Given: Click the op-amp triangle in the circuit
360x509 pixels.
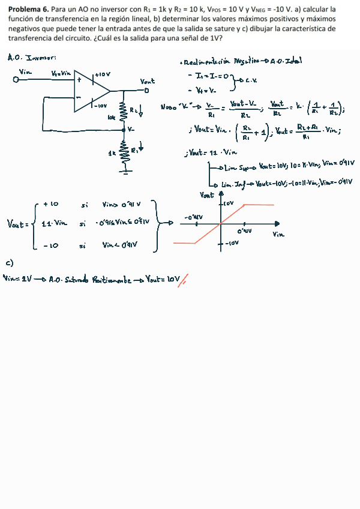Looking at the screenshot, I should [90, 91].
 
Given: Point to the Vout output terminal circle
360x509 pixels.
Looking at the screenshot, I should [146, 90].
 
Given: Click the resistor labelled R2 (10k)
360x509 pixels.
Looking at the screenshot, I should [124, 111].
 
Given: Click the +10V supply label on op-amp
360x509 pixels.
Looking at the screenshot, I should [103, 74].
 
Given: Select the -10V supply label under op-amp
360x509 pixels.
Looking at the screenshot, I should [101, 106].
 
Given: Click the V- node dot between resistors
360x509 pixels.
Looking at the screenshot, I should [124, 129].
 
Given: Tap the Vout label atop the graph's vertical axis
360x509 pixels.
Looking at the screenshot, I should [206, 196].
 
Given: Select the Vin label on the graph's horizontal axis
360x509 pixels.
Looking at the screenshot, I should [278, 234].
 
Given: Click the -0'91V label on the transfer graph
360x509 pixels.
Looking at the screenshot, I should [193, 217].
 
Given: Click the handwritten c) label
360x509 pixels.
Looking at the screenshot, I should [9, 263].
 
